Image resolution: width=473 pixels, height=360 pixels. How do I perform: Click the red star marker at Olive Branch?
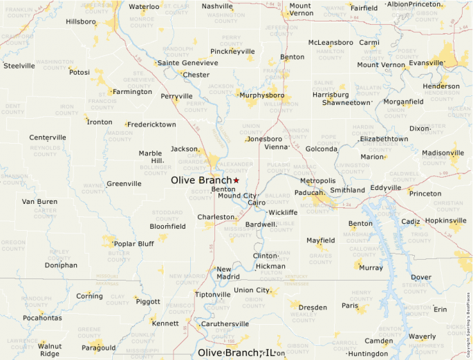coord(236,180)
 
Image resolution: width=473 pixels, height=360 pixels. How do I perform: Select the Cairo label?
coord(257,202)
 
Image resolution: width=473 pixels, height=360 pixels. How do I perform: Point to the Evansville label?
coord(425,63)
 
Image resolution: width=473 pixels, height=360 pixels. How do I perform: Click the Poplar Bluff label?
coord(133,244)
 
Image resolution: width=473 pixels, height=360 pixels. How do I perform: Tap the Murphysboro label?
coord(262,95)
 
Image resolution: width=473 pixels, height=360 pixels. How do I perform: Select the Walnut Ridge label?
coord(49,350)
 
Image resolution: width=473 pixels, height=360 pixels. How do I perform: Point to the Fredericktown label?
coord(151,124)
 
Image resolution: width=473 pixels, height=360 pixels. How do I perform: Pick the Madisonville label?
coord(443,153)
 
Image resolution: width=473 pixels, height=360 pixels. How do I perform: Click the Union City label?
coord(252,290)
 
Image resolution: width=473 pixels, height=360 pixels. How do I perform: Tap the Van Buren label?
coord(39,202)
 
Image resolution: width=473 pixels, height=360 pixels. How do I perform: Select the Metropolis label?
coord(317,181)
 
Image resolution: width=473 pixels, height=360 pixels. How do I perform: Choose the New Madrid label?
coord(228,273)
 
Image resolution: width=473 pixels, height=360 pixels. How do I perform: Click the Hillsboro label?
coord(81,22)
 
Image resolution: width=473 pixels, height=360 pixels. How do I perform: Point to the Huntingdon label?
coord(368,354)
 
